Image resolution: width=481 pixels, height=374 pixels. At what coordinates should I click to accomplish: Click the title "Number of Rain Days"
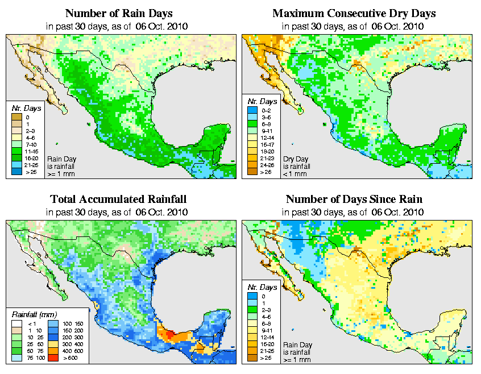(x=118, y=13)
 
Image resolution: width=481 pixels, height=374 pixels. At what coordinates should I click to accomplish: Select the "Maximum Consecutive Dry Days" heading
(x=354, y=13)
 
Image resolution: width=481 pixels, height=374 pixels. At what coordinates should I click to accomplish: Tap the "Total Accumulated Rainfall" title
(x=118, y=200)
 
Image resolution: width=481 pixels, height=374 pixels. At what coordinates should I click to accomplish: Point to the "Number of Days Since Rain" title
(x=354, y=200)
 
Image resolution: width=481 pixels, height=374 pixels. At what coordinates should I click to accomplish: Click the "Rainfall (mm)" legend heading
(x=32, y=314)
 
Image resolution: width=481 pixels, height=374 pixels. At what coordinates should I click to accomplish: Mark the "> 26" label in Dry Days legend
(x=267, y=171)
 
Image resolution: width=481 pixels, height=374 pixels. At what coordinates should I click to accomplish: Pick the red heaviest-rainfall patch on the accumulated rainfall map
(x=166, y=334)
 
